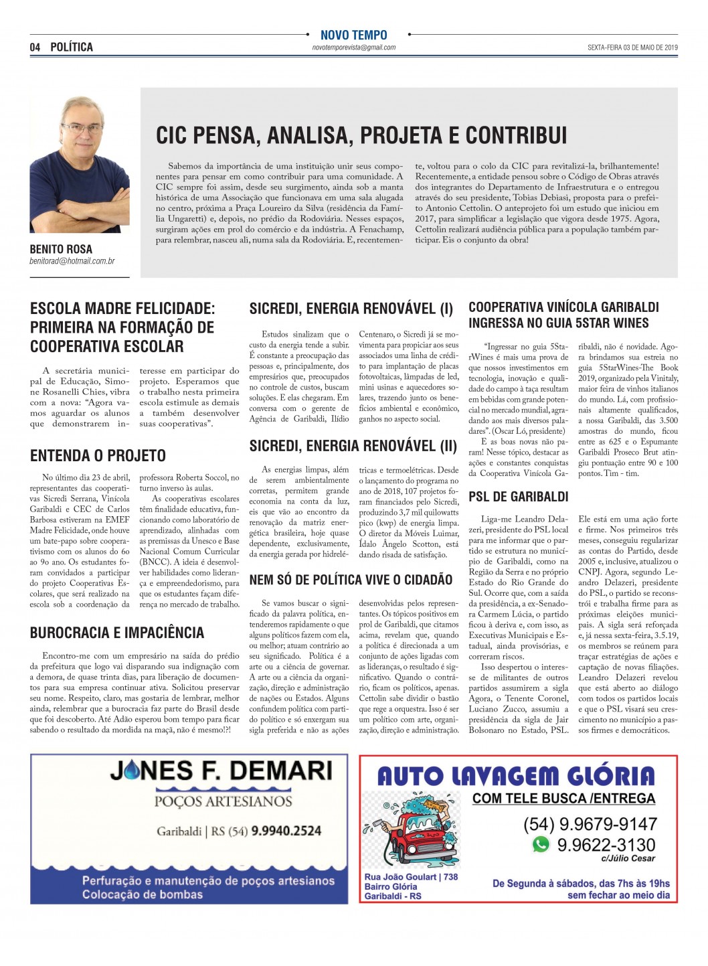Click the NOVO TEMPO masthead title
point(353,35)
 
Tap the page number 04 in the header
point(35,48)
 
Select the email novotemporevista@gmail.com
point(353,48)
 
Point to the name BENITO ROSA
point(61,249)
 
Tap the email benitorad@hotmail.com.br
point(72,261)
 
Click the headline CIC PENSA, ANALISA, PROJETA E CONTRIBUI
point(361,135)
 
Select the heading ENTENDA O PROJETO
point(98,456)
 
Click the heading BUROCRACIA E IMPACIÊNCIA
point(117,633)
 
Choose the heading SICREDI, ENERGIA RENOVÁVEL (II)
point(353,446)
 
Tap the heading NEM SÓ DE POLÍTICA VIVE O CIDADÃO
point(351,580)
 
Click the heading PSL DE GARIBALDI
point(519,497)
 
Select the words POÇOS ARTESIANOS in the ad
point(223,801)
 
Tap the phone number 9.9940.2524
point(286,831)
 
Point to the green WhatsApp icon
point(541,844)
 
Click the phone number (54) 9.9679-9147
point(590,824)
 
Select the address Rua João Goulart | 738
point(411,877)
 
